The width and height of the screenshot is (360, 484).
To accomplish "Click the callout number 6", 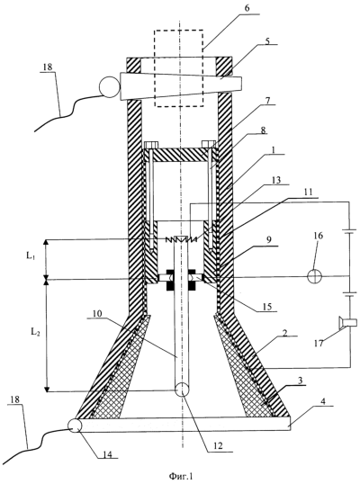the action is [x=247, y=9].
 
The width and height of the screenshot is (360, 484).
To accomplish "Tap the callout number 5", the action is [x=267, y=40].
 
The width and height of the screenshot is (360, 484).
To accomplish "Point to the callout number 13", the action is [x=276, y=180].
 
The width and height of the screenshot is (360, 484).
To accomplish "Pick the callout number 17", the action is [x=319, y=343].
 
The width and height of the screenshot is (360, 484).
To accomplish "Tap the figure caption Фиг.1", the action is [x=181, y=477].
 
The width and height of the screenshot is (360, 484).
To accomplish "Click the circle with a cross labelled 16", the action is [x=315, y=276].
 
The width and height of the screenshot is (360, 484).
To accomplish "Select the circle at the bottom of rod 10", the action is [x=182, y=390].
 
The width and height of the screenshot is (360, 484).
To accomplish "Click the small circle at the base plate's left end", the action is [x=75, y=426].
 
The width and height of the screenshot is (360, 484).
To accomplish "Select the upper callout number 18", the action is [x=49, y=67].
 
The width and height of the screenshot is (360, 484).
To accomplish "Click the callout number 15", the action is [x=268, y=306].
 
